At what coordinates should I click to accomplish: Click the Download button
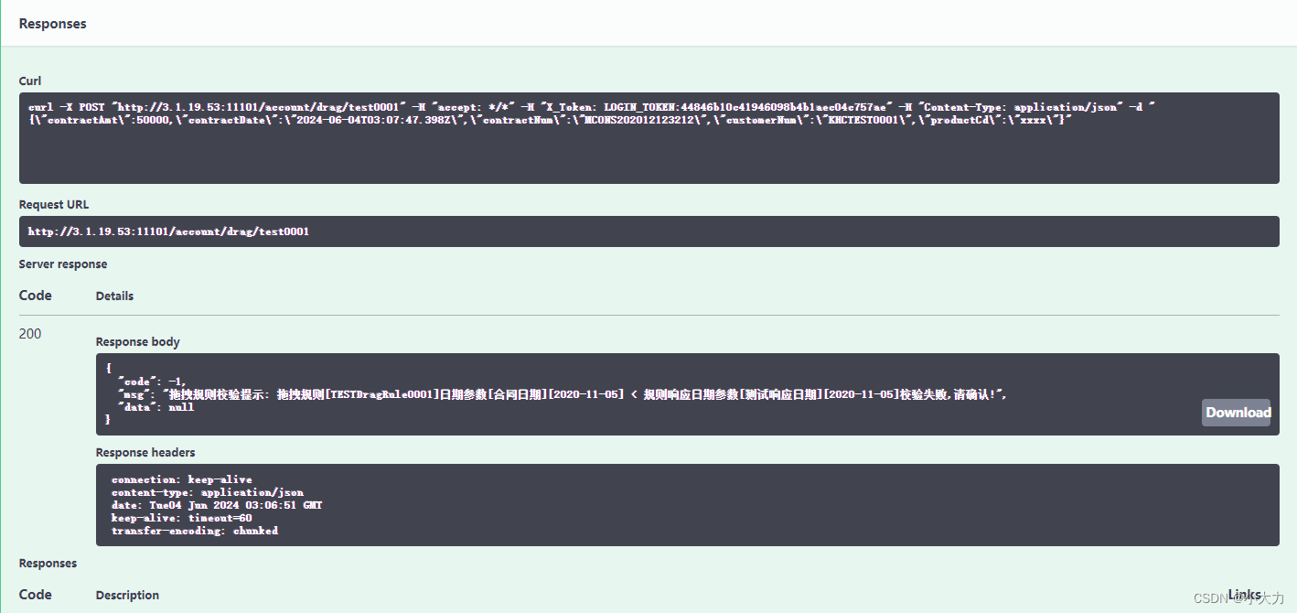pos(1237,413)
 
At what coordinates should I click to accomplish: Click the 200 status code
pos(30,334)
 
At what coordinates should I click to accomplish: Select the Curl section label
pos(30,81)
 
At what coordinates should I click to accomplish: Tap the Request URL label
pos(54,205)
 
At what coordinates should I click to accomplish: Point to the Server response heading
pos(63,264)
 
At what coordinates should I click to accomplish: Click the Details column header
pos(114,296)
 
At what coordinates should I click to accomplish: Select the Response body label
pos(138,342)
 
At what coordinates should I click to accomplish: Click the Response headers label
pos(145,453)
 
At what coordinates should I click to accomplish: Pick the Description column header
pos(127,596)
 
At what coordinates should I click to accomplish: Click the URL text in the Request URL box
pos(168,231)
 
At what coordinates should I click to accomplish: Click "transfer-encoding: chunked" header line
pos(195,531)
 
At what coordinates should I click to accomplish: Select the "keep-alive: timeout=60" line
pos(182,518)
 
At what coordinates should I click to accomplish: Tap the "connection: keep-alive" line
pos(182,479)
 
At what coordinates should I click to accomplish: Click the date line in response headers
pos(217,505)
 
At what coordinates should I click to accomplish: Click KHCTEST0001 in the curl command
pos(864,120)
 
